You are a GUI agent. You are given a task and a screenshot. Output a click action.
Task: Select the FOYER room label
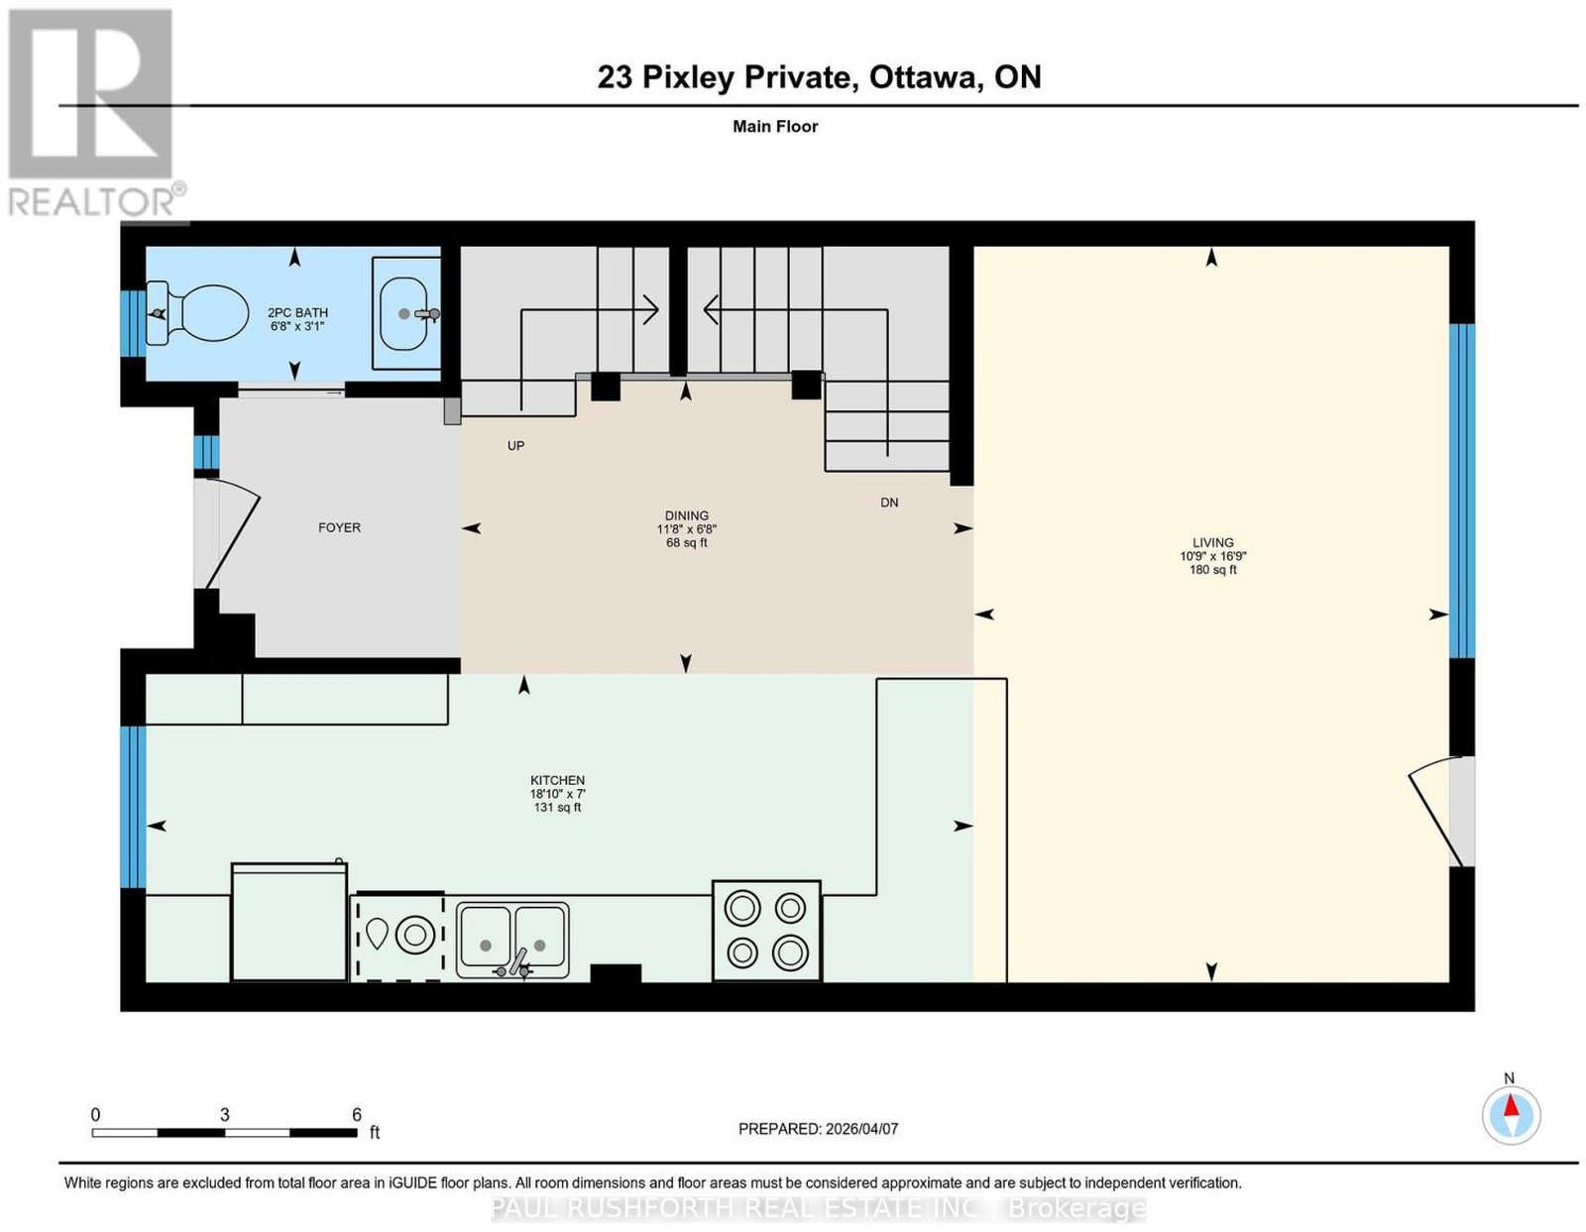coord(339,527)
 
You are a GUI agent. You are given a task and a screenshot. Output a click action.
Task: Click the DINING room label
coord(686,515)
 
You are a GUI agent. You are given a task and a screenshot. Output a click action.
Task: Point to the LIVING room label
coord(1212,543)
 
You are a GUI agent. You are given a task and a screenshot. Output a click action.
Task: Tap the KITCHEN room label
coord(558,780)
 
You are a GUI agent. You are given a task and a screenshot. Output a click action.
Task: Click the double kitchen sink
coord(512,941)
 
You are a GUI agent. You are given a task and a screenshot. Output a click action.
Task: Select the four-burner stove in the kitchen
coord(766,931)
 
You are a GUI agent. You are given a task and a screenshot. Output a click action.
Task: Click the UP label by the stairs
coord(516,446)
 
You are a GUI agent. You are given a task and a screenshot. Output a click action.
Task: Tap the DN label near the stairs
coord(889,503)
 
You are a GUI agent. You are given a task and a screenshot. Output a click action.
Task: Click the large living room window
coord(1462,492)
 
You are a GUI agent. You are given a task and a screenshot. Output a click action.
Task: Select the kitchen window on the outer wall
coord(133,807)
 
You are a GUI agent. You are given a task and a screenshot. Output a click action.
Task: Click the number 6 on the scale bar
coord(357,1114)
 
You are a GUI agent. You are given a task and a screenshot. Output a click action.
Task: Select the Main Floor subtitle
coord(775,126)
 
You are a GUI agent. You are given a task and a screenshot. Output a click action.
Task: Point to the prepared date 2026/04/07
coord(861,1129)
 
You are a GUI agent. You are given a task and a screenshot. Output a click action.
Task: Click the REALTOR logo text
coord(91,203)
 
